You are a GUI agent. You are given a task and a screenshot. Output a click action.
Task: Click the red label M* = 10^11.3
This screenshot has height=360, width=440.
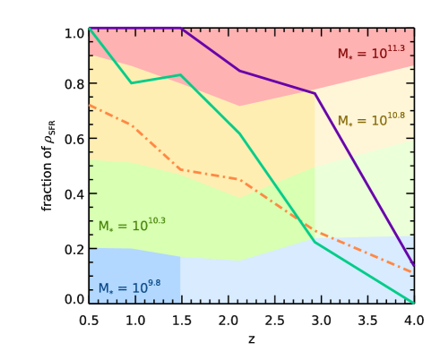point(371,54)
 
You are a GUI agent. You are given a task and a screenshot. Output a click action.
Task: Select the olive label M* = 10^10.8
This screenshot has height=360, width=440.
point(371,120)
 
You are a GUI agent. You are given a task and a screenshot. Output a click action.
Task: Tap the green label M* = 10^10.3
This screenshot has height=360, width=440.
point(132,226)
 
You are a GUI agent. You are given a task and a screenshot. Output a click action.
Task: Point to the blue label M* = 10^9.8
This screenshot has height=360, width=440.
point(129,288)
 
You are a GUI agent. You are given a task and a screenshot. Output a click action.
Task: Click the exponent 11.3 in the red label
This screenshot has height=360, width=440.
point(395,48)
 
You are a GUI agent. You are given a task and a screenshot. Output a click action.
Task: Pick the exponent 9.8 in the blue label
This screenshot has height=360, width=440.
point(153,283)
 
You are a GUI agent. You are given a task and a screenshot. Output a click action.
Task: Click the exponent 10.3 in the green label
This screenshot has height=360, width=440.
point(156,220)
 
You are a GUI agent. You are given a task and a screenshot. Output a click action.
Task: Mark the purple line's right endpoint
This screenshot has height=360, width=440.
point(413,265)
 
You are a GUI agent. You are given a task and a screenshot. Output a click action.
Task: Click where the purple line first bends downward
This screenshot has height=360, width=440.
point(182,28)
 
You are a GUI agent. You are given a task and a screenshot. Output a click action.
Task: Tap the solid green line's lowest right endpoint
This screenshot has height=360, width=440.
point(413,303)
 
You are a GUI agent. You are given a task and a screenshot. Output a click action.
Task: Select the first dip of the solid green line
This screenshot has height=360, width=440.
point(132,83)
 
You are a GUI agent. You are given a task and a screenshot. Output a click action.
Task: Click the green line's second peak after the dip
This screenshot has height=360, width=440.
point(181,75)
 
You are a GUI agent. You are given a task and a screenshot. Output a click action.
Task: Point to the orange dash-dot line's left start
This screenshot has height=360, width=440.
point(91,106)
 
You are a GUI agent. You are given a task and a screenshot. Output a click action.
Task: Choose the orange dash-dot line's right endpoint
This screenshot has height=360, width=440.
point(413,272)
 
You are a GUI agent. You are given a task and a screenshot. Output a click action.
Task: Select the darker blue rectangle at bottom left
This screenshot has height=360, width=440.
point(134,273)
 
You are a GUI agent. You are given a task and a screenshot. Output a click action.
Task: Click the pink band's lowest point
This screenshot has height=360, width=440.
point(239,106)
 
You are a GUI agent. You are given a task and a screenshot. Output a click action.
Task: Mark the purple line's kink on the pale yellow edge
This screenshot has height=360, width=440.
point(315,93)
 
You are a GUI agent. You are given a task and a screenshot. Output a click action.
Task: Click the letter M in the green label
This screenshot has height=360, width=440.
point(104,227)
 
